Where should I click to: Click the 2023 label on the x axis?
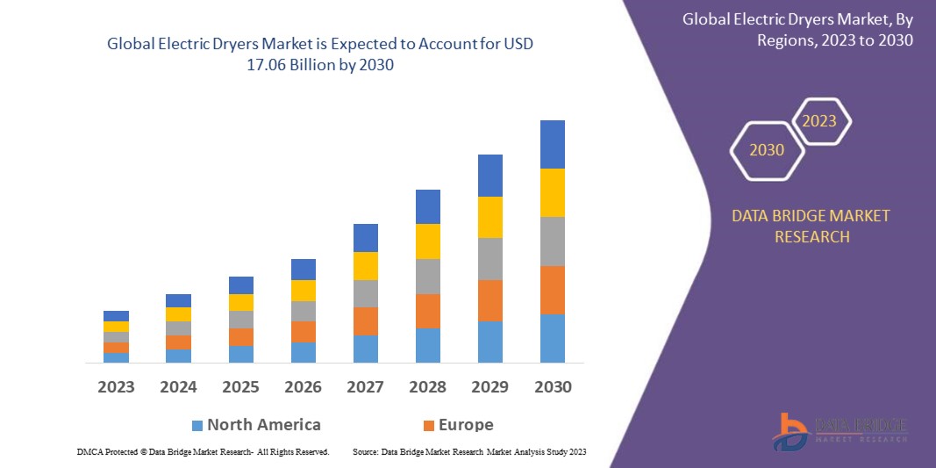pos(117,386)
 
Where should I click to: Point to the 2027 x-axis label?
pos(366,386)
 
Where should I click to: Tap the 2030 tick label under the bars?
pos(553,386)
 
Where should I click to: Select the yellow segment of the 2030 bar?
pos(553,192)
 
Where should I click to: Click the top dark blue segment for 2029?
pos(490,176)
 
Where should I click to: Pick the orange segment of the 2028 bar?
pos(428,311)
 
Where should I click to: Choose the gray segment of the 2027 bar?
pos(366,293)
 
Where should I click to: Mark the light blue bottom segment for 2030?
pos(553,338)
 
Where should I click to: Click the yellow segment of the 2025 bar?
pos(241,302)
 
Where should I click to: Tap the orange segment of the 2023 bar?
pos(117,348)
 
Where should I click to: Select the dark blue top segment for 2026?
pos(304,270)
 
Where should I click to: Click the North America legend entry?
pos(263,425)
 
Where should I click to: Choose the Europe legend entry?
pos(466,425)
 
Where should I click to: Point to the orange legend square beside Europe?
pos(429,426)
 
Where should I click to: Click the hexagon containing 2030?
pos(767,150)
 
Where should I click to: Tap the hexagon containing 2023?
pos(820,121)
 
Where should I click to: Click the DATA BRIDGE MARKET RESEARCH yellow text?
pos(811,226)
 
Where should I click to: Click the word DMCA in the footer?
pos(89,451)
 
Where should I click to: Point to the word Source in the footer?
pos(365,451)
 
